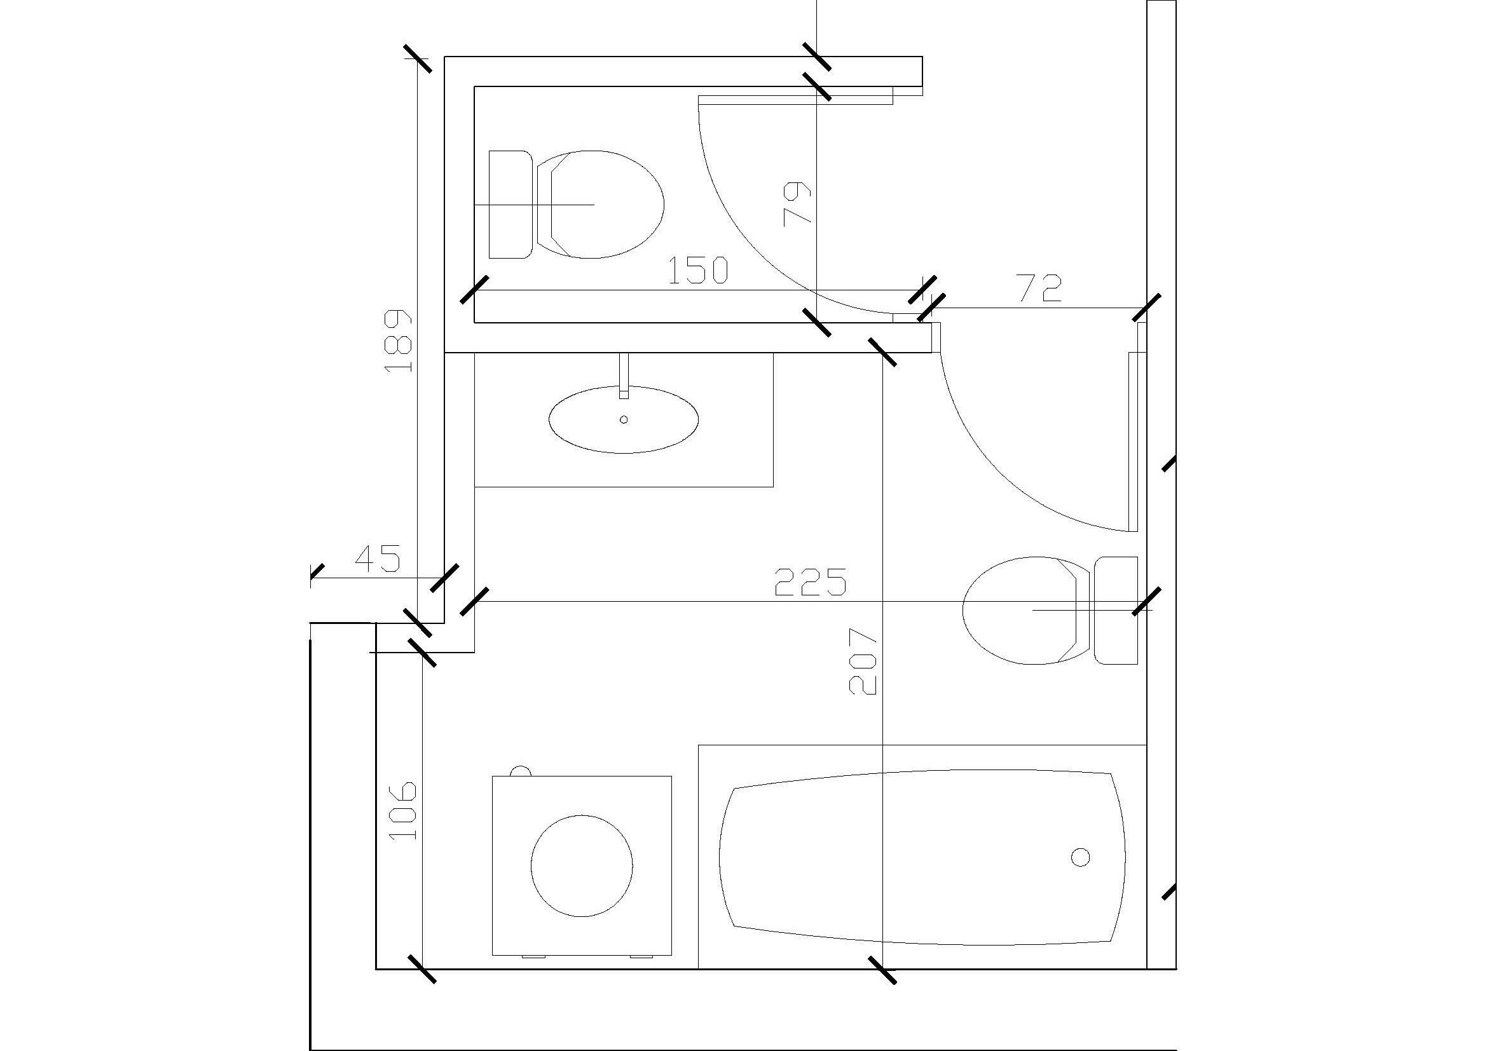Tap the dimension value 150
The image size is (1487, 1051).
(x=697, y=271)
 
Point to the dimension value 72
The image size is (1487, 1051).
(x=1039, y=288)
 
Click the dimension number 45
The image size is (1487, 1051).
(x=378, y=558)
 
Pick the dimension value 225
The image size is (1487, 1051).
(x=811, y=581)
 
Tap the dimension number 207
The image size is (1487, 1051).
(x=863, y=661)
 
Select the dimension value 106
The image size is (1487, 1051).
(x=403, y=810)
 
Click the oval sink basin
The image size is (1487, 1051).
(x=624, y=419)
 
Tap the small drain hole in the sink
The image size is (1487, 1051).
(x=624, y=419)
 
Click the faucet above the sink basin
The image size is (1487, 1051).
(x=624, y=376)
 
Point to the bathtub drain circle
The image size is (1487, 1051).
(x=1080, y=857)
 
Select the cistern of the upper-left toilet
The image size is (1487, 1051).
(x=511, y=205)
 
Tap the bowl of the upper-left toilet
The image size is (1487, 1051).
(x=599, y=205)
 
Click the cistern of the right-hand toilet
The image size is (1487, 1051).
(x=1116, y=610)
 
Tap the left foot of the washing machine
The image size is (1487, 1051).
(x=534, y=956)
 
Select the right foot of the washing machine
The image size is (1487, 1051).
(x=642, y=956)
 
